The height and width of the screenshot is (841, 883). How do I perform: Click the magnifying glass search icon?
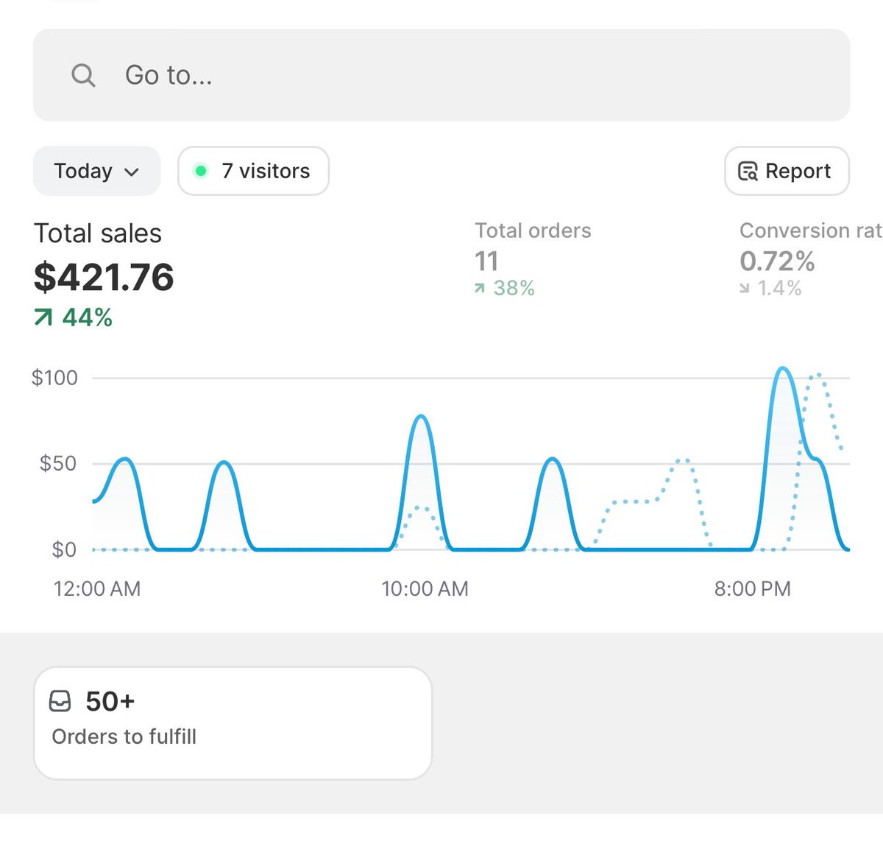coord(83,75)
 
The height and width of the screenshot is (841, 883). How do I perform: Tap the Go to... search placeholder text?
coord(169,75)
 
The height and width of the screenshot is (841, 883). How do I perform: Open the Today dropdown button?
coord(96,171)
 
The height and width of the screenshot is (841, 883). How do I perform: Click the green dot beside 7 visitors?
coord(200,171)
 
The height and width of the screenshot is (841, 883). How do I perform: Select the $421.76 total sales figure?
coord(104,277)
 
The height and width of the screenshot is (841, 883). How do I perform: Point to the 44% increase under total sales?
coord(74,317)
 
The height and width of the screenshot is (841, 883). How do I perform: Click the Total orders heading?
coord(533,231)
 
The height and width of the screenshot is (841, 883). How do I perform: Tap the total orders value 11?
coord(486,261)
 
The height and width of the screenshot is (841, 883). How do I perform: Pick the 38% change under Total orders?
coord(505,288)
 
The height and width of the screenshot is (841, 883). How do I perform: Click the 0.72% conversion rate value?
coord(777,261)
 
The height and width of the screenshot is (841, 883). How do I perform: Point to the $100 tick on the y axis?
coord(54,378)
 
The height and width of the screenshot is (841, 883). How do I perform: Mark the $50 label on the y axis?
coord(58,463)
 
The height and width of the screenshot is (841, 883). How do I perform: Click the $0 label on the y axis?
coord(63,549)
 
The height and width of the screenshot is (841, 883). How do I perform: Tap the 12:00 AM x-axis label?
coord(97,589)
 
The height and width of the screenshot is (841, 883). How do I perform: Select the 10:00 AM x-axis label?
coord(425,589)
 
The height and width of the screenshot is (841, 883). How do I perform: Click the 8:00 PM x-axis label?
coord(752,589)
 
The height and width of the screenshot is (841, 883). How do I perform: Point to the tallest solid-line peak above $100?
coord(783,368)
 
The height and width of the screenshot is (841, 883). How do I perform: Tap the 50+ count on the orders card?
coord(110,701)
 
